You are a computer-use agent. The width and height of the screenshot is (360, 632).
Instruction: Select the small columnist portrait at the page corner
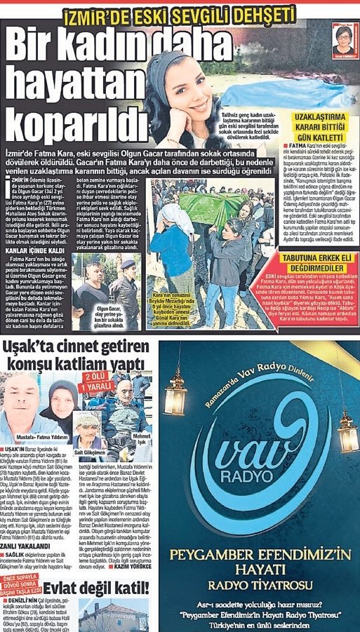(x=343, y=39)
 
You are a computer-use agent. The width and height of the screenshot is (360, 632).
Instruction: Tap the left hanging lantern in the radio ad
(x=175, y=393)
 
